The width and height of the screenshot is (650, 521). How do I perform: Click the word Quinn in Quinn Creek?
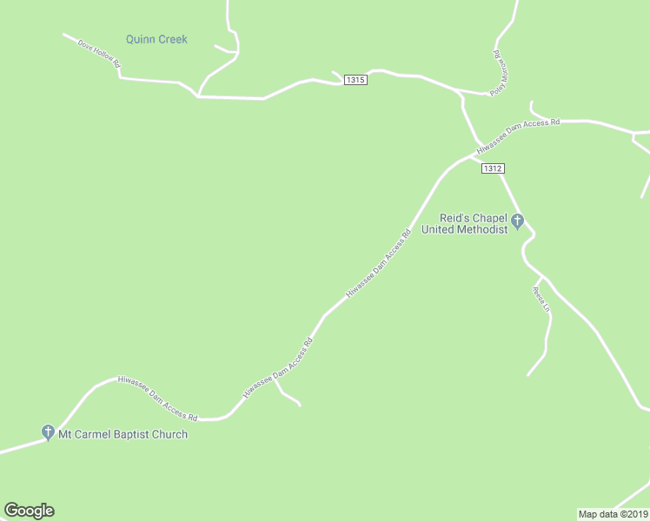point(140,39)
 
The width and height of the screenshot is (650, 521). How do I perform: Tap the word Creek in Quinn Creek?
point(172,39)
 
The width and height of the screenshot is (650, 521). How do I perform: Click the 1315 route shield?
point(355,80)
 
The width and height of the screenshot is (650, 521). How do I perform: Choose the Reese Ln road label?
point(541,300)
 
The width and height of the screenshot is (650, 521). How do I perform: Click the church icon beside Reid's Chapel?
point(518,221)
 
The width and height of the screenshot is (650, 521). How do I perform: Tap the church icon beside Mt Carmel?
point(48,432)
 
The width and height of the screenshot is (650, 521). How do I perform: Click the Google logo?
point(29,511)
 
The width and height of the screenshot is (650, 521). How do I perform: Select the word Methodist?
point(481,229)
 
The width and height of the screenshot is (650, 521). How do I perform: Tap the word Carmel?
point(92,434)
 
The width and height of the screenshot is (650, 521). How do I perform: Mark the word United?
point(438,229)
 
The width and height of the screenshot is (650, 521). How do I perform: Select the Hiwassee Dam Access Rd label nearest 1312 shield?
point(518,137)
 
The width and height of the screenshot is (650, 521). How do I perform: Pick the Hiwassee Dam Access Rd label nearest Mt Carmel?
point(158,398)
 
